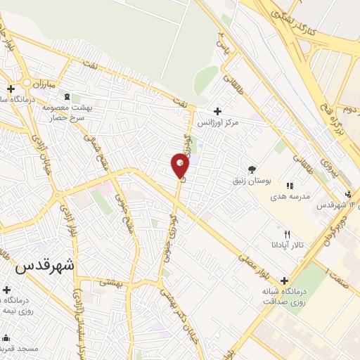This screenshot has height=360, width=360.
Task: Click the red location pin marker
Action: pos(180,165)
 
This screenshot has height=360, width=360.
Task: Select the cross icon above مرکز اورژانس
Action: pos(217,111)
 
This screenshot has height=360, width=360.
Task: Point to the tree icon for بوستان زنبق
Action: pos(252,169)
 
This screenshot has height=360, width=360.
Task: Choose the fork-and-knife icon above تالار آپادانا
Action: pos(286,234)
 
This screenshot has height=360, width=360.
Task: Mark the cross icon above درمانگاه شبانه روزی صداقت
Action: pos(284,280)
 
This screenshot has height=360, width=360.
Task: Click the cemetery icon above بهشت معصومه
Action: pos(66,96)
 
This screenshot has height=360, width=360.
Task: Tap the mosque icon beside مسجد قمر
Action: pos(6,337)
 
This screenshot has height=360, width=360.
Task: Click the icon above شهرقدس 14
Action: pos(347,194)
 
